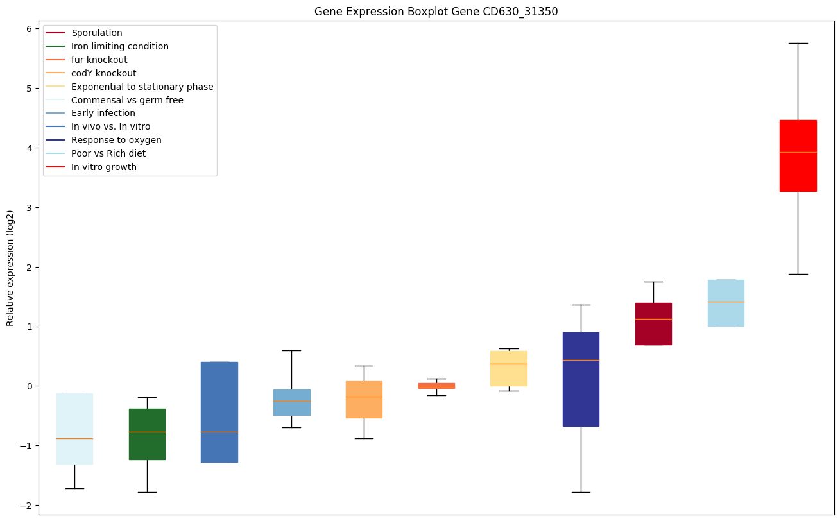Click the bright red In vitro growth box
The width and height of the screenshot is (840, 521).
point(798,155)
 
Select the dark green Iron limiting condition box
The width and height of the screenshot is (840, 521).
point(147,434)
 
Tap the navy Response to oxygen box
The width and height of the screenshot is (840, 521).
point(581,379)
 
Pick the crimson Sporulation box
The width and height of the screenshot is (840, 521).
point(653,324)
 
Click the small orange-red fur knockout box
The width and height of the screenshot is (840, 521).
point(436,386)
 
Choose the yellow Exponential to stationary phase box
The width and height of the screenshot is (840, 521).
point(509,368)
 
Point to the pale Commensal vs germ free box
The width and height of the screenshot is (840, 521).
point(74,429)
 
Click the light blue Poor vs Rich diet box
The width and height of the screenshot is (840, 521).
point(726,303)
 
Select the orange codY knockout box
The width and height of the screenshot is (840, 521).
point(364,400)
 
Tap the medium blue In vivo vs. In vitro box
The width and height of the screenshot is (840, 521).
point(219,412)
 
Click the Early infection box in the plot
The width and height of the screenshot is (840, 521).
point(291,402)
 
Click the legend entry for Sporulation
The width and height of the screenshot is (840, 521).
point(97,33)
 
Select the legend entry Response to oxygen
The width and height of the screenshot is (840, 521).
point(116,140)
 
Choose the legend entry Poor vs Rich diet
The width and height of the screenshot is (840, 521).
point(108,153)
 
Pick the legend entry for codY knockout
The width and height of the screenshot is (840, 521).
point(104,73)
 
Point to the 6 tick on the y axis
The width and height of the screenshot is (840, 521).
point(29,28)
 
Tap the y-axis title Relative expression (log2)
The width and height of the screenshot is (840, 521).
point(10,268)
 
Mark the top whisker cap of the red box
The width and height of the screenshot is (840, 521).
point(798,43)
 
